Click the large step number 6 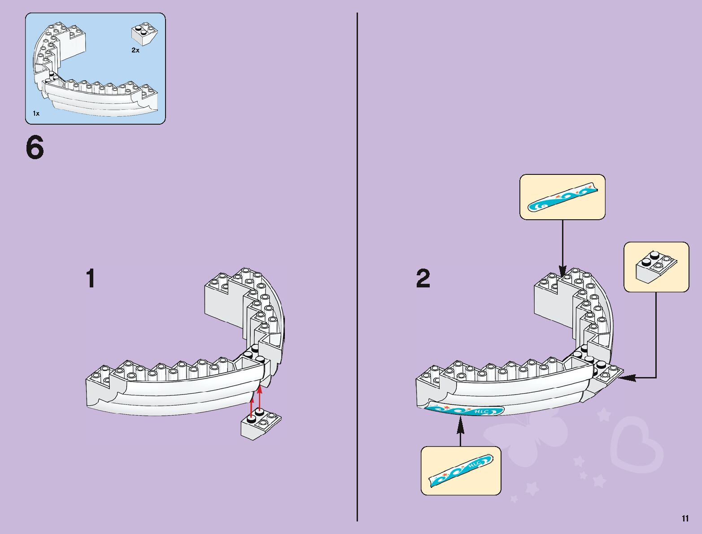click(x=35, y=148)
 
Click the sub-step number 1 click(x=91, y=278)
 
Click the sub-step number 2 click(x=423, y=278)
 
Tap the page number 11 click(x=685, y=519)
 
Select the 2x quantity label click(x=135, y=51)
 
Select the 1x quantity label click(x=36, y=113)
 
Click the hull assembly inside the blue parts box click(x=90, y=76)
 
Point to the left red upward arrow click(x=252, y=406)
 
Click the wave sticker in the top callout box click(x=562, y=198)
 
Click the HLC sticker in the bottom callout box click(x=461, y=471)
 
